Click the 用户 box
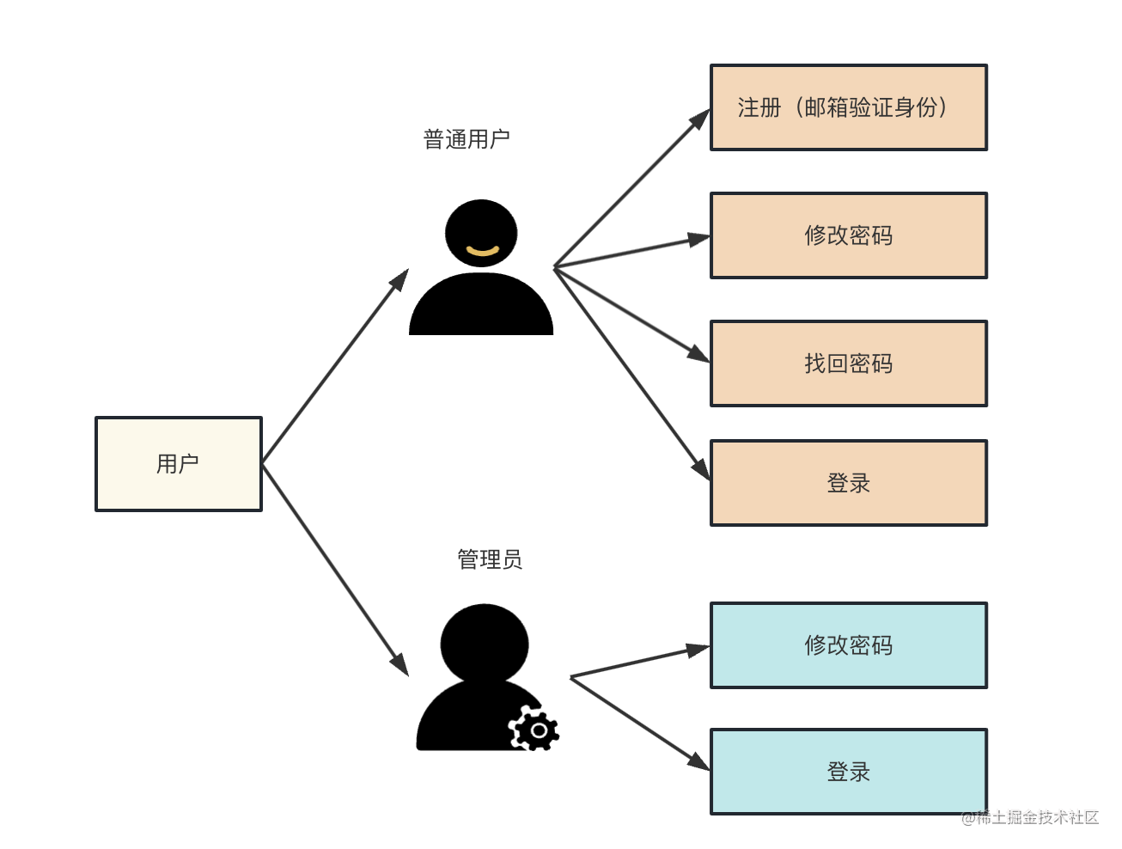[178, 464]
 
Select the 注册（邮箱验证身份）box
[848, 107]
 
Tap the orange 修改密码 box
[848, 235]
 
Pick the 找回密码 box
[848, 363]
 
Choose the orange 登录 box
[848, 483]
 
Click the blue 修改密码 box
[848, 645]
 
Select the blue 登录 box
[848, 772]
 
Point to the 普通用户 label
[466, 139]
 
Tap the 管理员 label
[489, 560]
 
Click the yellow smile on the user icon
[482, 251]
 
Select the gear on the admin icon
[536, 730]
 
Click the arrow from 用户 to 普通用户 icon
[335, 366]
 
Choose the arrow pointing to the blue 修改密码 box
[640, 662]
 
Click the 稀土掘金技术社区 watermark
[1030, 817]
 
